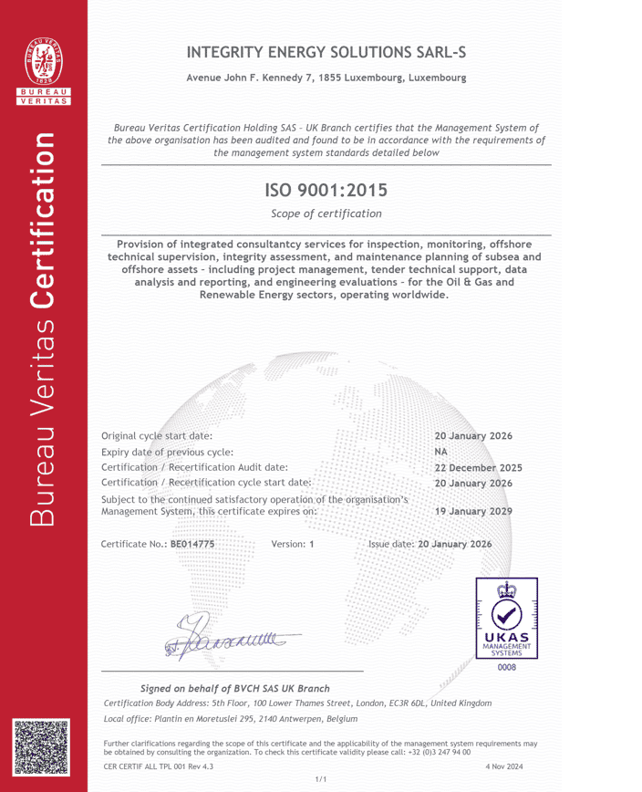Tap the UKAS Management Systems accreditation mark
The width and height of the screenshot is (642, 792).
pyautogui.click(x=504, y=619)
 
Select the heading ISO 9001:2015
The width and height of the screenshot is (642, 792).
pyautogui.click(x=326, y=191)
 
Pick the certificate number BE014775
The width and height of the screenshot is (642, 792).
pyautogui.click(x=192, y=544)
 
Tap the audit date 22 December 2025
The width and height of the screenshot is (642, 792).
pyautogui.click(x=478, y=467)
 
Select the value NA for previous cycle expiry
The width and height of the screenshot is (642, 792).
pyautogui.click(x=441, y=452)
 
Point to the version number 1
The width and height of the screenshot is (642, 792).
pyautogui.click(x=312, y=544)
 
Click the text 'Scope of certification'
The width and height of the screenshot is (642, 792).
pyautogui.click(x=326, y=214)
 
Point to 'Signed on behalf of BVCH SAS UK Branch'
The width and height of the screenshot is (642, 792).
pyautogui.click(x=234, y=687)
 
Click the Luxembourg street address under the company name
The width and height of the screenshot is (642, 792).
pyautogui.click(x=326, y=78)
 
